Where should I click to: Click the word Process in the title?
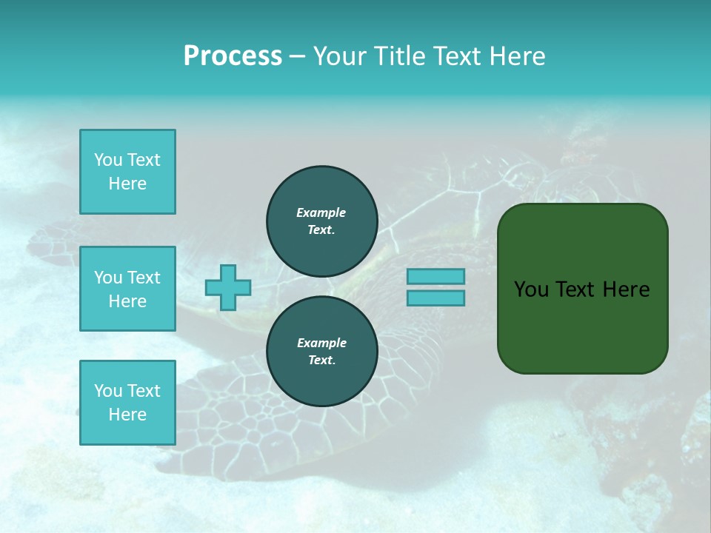233,56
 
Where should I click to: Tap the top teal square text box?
127,172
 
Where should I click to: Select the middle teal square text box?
127,289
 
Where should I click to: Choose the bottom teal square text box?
127,403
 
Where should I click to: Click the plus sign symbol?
228,287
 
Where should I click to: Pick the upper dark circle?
322,221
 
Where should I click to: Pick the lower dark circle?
322,352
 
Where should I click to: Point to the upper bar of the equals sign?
435,277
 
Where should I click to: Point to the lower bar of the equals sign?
435,298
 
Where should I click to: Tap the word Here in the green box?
626,289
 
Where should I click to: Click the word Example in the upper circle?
321,212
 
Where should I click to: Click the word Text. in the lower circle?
321,361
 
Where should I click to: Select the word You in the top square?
107,160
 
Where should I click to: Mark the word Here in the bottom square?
127,415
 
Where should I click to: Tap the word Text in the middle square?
144,278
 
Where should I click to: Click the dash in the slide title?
297,56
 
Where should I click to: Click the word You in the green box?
530,289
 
